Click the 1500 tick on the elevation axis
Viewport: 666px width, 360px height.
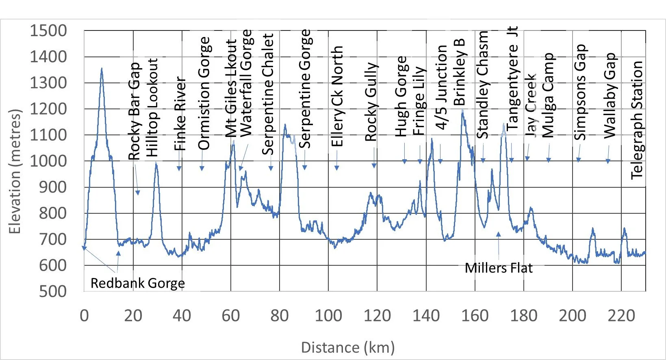(48, 30)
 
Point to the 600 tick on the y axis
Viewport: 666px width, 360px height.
(53, 265)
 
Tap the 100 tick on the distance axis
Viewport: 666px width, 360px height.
(328, 316)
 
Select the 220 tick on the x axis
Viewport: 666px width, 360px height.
(621, 316)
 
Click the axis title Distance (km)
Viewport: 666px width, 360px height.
(348, 347)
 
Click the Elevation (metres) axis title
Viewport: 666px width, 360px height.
(15, 171)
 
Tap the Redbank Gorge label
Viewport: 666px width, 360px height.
(138, 283)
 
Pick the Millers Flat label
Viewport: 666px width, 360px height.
(499, 268)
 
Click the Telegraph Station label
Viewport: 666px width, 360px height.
(637, 120)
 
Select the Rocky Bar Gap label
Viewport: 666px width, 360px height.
(134, 111)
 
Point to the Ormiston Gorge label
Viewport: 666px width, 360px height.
(204, 93)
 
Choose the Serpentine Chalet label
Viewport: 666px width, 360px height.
(268, 94)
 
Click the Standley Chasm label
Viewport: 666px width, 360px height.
(483, 85)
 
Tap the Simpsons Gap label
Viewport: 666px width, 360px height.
(580, 92)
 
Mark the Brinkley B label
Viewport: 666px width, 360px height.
(459, 72)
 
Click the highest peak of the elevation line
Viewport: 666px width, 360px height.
(102, 68)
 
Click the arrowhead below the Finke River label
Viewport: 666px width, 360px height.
(179, 169)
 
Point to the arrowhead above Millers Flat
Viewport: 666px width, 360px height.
(498, 234)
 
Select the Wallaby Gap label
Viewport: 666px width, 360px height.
(610, 95)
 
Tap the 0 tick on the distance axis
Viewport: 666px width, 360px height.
(84, 316)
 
